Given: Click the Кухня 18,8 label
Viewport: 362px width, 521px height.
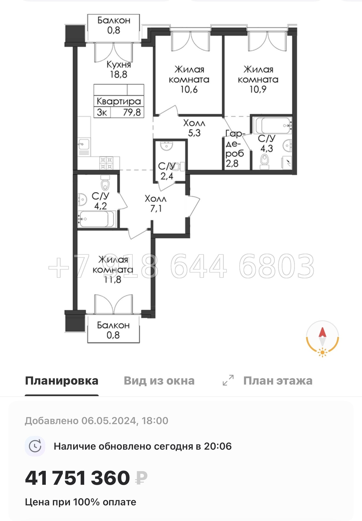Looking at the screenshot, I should [118, 69].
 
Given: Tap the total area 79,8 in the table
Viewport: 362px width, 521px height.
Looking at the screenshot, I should [132, 112].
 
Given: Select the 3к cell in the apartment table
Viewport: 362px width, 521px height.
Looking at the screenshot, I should [102, 112].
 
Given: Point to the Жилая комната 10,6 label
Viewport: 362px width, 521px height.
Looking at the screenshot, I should [189, 79].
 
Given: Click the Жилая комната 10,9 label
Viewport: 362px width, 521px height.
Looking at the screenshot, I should [258, 79].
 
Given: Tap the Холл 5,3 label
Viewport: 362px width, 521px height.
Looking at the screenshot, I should [194, 128].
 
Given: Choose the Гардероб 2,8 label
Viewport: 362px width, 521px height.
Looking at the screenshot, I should [234, 149].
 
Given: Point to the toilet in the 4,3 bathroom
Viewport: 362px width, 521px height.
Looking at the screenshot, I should [265, 161].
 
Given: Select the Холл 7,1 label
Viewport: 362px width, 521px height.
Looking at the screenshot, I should [155, 204].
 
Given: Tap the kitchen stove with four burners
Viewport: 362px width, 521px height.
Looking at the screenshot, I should [106, 163].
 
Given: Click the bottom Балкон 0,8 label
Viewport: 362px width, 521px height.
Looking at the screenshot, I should [113, 330].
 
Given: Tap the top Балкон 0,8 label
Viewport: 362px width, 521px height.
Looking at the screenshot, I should [114, 25].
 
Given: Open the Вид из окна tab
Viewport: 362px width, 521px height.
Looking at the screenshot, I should [159, 381].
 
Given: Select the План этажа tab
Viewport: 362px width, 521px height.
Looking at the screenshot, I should [278, 381].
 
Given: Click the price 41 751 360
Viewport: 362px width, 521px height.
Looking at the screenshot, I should [78, 478].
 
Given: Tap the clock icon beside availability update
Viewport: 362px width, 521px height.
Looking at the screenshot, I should [35, 446].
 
